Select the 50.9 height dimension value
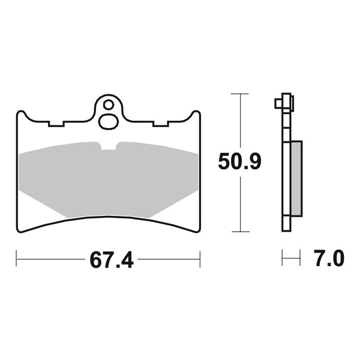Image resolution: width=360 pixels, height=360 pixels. tap(239, 162)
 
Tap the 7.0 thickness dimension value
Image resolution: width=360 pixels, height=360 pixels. tap(328, 260)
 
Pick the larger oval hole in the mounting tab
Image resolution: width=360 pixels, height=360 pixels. tap(109, 120)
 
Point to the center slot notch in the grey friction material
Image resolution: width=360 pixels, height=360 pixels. tap(109, 146)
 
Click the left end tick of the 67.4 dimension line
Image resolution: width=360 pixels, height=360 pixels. tap(17, 260)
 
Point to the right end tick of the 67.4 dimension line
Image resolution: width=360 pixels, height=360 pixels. tap(200, 260)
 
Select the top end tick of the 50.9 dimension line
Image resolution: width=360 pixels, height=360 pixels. tap(240, 94)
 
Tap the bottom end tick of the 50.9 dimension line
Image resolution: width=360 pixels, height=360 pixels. tap(240, 231)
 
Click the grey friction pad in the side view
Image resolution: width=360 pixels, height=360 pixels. tap(297, 178)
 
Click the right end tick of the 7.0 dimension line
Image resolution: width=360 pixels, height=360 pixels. tap(299, 260)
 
